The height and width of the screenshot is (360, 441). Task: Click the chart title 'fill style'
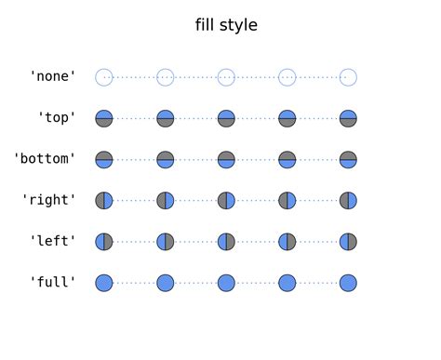[x=226, y=25]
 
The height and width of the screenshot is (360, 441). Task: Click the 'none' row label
[x=53, y=77]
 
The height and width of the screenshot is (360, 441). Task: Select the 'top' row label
[x=57, y=118]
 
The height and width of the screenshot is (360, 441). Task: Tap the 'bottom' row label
[x=45, y=159]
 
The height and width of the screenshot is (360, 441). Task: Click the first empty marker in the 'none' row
[x=104, y=77]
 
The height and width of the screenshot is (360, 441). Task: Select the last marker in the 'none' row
[x=348, y=77]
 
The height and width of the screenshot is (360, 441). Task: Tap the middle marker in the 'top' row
[x=226, y=118]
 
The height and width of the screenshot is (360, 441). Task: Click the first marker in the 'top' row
[x=104, y=118]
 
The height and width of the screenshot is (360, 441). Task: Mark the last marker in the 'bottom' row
[x=348, y=159]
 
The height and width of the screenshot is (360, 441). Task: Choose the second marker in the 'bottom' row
[x=165, y=159]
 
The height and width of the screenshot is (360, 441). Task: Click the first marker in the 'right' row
[x=104, y=200]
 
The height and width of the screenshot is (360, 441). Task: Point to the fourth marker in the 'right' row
[x=287, y=200]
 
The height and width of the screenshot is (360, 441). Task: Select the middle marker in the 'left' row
[x=226, y=241]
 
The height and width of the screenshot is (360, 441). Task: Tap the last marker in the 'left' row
[x=348, y=241]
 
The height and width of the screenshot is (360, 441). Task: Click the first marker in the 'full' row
[x=104, y=282]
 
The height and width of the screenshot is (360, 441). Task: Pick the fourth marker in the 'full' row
[x=287, y=282]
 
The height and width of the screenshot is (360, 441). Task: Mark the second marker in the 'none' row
[x=165, y=77]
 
